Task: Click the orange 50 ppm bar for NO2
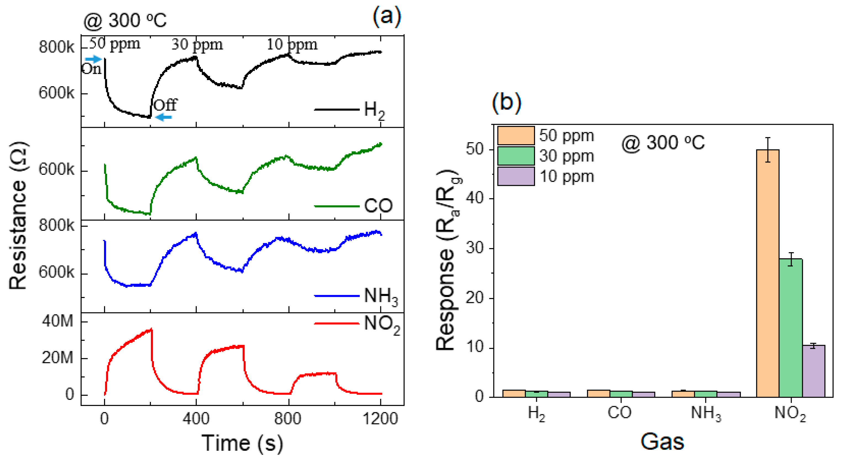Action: click(x=768, y=273)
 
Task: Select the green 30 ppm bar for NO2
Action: click(x=791, y=328)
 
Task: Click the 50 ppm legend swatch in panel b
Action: click(x=516, y=136)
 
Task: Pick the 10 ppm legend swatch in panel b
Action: click(x=516, y=176)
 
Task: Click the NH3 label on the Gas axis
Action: click(x=706, y=413)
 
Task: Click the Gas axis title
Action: click(x=662, y=442)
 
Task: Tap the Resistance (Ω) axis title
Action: click(x=18, y=215)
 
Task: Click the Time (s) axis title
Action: click(x=242, y=443)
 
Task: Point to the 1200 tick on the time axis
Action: click(x=381, y=419)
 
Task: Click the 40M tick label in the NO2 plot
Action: click(x=58, y=321)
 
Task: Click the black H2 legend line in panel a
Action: click(x=337, y=109)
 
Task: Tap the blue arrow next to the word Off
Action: click(x=163, y=117)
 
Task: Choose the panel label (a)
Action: click(x=387, y=16)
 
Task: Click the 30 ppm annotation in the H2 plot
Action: click(x=197, y=44)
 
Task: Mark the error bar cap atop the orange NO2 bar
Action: click(x=768, y=138)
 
